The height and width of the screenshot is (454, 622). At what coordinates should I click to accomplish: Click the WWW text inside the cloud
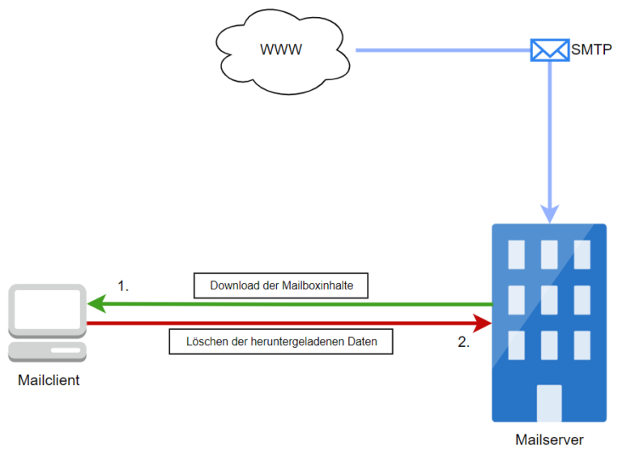[281, 49]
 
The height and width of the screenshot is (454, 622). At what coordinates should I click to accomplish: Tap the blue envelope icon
[550, 50]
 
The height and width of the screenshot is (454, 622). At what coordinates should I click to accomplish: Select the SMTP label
[591, 49]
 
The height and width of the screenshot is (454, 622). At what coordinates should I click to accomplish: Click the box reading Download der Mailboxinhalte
[281, 285]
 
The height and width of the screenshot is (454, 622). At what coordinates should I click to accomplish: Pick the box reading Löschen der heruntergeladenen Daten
[281, 341]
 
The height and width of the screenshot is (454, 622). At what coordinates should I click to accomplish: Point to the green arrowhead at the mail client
[96, 304]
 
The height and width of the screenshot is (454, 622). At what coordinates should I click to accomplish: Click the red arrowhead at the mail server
[483, 323]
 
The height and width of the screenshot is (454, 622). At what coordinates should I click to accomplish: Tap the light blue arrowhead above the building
[550, 214]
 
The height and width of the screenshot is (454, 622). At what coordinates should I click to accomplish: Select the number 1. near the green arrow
[123, 286]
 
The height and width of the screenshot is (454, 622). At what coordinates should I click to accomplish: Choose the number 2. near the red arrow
[464, 342]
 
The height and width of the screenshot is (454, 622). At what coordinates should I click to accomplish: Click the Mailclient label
[49, 380]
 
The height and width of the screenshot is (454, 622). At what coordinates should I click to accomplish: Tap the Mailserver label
[549, 440]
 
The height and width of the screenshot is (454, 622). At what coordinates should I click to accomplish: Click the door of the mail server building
[549, 403]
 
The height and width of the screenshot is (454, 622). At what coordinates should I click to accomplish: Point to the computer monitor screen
[47, 309]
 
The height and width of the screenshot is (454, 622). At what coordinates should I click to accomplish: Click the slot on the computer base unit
[66, 350]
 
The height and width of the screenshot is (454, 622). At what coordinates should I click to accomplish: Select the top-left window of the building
[517, 255]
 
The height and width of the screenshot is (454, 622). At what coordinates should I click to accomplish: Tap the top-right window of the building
[582, 255]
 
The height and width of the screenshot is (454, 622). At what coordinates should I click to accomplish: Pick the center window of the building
[549, 300]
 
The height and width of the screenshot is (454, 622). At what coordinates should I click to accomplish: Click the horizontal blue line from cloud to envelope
[443, 50]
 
